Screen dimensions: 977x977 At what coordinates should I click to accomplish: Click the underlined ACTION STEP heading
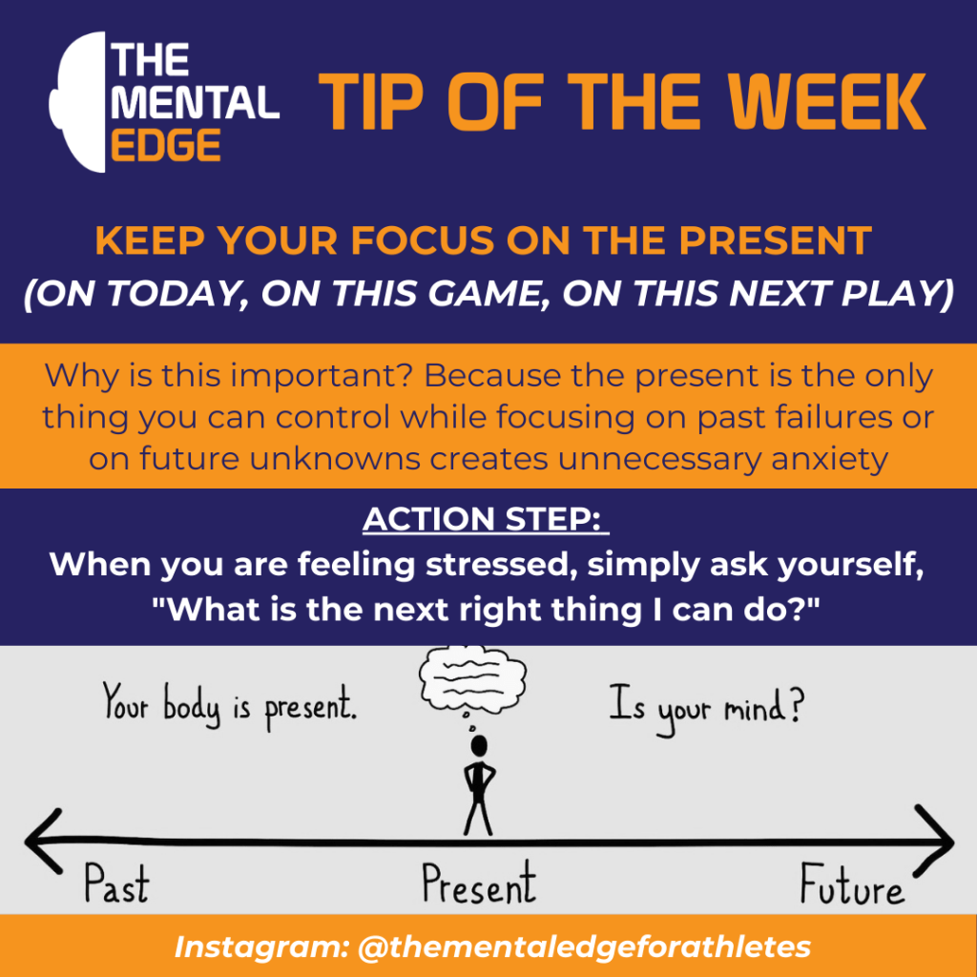point(487,520)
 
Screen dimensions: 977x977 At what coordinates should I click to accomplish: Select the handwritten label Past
point(115,884)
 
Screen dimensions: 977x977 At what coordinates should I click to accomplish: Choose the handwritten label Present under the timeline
point(478,884)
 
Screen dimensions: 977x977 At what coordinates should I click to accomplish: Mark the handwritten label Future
point(852,886)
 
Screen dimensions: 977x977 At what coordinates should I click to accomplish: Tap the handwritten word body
point(192,711)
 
